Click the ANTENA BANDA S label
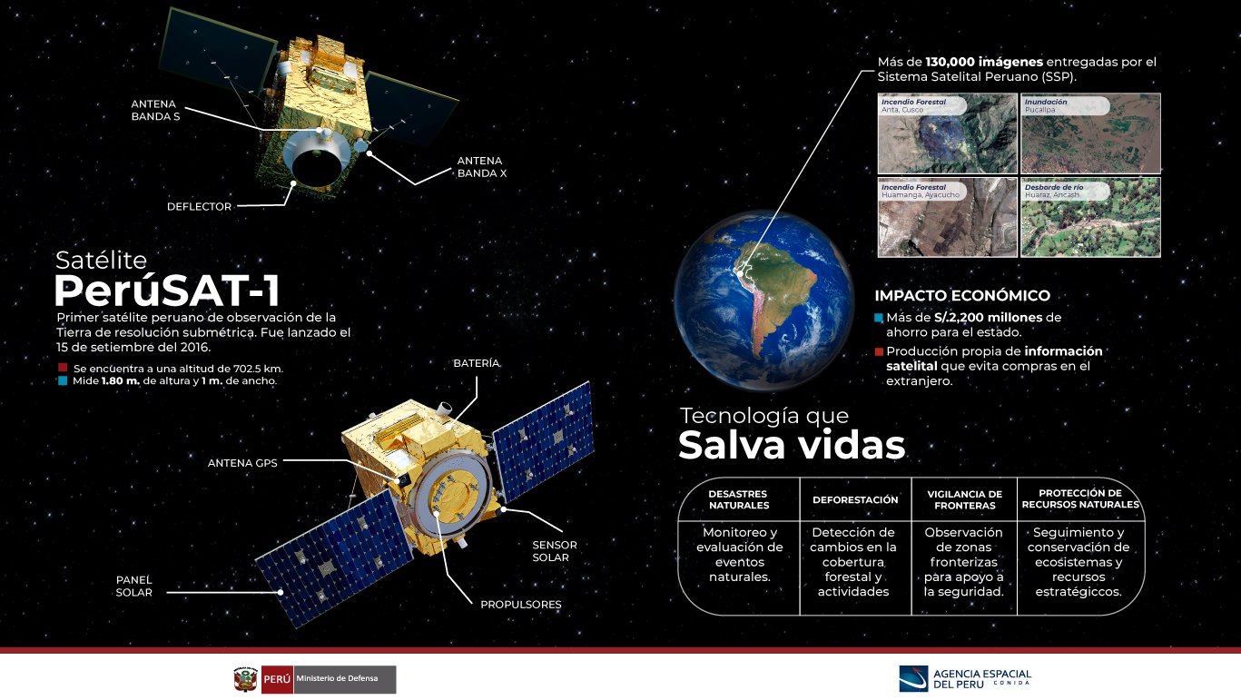[x=155, y=110]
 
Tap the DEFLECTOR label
[x=200, y=207]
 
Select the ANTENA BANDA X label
[x=481, y=167]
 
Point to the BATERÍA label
[x=477, y=363]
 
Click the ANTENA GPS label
[x=242, y=463]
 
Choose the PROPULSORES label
[x=521, y=604]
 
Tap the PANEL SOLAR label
[x=134, y=586]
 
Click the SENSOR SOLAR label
[x=555, y=551]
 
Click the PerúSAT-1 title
[x=167, y=291]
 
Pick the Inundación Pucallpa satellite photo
[x=1090, y=133]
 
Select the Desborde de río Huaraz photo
[x=1090, y=217]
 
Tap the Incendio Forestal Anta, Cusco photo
[x=948, y=133]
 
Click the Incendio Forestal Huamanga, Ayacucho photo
[x=948, y=217]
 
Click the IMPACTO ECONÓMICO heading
[x=962, y=295]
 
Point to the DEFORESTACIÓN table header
[x=855, y=500]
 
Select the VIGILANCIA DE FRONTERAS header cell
[x=964, y=500]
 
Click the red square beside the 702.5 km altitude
[x=63, y=368]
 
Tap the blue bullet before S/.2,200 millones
[x=879, y=318]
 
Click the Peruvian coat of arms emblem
[x=246, y=679]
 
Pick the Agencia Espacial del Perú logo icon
[x=913, y=679]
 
